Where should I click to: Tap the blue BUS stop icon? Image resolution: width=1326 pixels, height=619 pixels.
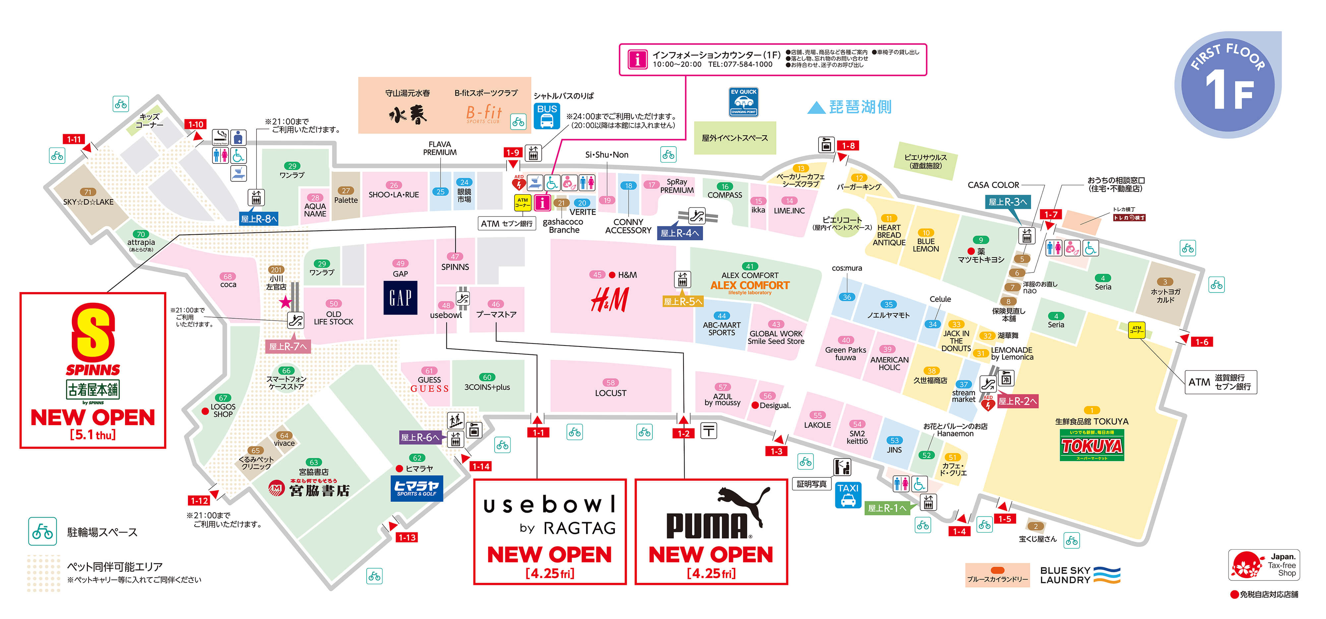coord(547,116)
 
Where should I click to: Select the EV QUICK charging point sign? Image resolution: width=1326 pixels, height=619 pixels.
coord(744,102)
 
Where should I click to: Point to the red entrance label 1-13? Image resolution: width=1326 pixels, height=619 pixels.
coord(407,537)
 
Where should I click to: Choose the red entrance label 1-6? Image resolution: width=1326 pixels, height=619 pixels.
coord(1201,341)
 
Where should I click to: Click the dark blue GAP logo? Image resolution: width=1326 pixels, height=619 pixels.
coord(400,298)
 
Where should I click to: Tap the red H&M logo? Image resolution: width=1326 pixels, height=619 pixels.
coord(610,299)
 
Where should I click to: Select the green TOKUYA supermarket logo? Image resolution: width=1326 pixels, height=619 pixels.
coord(1091,445)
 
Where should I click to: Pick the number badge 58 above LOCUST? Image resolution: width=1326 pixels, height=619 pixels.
coord(611,383)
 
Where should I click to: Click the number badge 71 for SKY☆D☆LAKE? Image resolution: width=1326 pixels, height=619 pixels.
coord(88,192)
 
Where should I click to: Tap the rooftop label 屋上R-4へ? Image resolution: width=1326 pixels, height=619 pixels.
coord(680,233)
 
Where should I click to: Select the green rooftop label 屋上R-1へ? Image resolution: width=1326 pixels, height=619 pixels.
coord(886,508)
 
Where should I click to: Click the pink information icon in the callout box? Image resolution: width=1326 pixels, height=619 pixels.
coord(637,59)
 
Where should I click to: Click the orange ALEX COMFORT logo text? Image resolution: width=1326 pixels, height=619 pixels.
coord(750,285)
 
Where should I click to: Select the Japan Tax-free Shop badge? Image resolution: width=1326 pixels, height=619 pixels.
coord(1264,565)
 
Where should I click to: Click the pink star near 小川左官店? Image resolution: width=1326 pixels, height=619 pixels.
coord(285,302)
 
